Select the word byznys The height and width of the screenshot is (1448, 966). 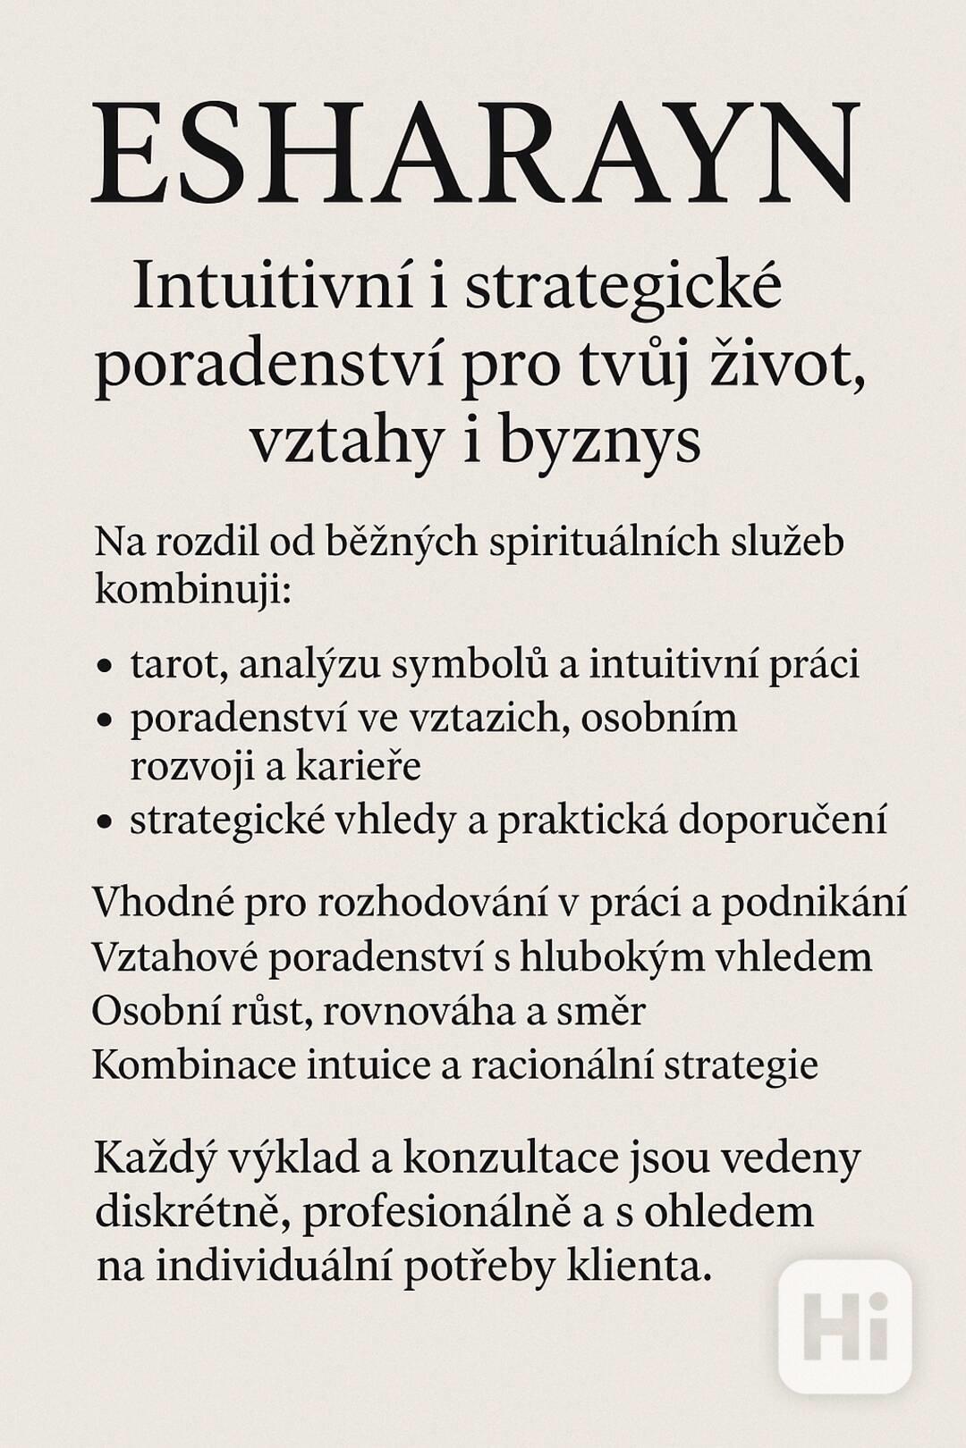[x=599, y=441]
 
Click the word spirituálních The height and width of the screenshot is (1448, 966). [x=606, y=542]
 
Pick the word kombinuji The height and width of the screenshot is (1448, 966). [x=192, y=589]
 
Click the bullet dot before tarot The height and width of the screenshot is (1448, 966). [x=106, y=667]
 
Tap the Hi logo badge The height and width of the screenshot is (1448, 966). [x=844, y=1326]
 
